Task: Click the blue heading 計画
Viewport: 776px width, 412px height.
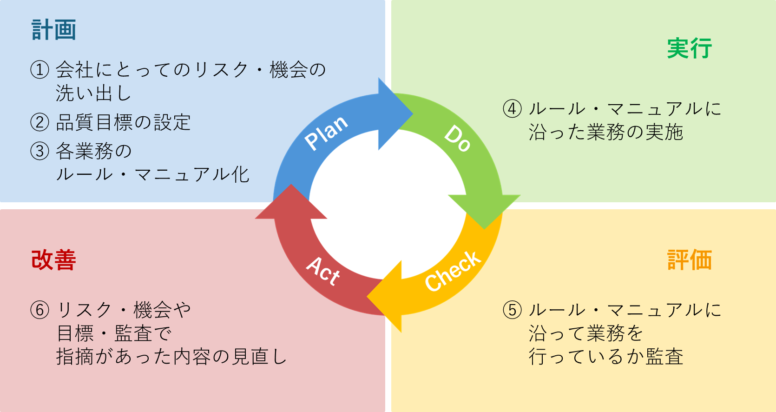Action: click(54, 30)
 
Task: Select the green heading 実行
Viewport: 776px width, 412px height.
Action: click(690, 49)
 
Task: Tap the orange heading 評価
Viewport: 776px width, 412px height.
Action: click(690, 260)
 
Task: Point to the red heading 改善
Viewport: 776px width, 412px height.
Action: click(54, 260)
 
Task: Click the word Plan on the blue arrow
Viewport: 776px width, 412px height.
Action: click(327, 132)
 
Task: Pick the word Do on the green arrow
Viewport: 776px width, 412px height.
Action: click(458, 138)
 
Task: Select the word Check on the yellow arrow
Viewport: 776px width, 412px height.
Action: click(453, 271)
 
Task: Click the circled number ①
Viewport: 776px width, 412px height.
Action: click(39, 70)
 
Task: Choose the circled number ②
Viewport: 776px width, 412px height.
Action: click(39, 123)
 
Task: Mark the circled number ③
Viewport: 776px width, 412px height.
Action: click(39, 151)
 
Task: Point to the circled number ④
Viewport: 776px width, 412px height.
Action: click(512, 109)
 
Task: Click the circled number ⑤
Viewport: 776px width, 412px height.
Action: click(512, 310)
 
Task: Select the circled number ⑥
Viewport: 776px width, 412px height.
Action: click(39, 310)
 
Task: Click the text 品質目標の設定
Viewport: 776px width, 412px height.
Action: click(123, 123)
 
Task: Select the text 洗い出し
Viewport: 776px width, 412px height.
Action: click(94, 93)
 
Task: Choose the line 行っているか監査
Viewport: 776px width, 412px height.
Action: click(606, 357)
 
